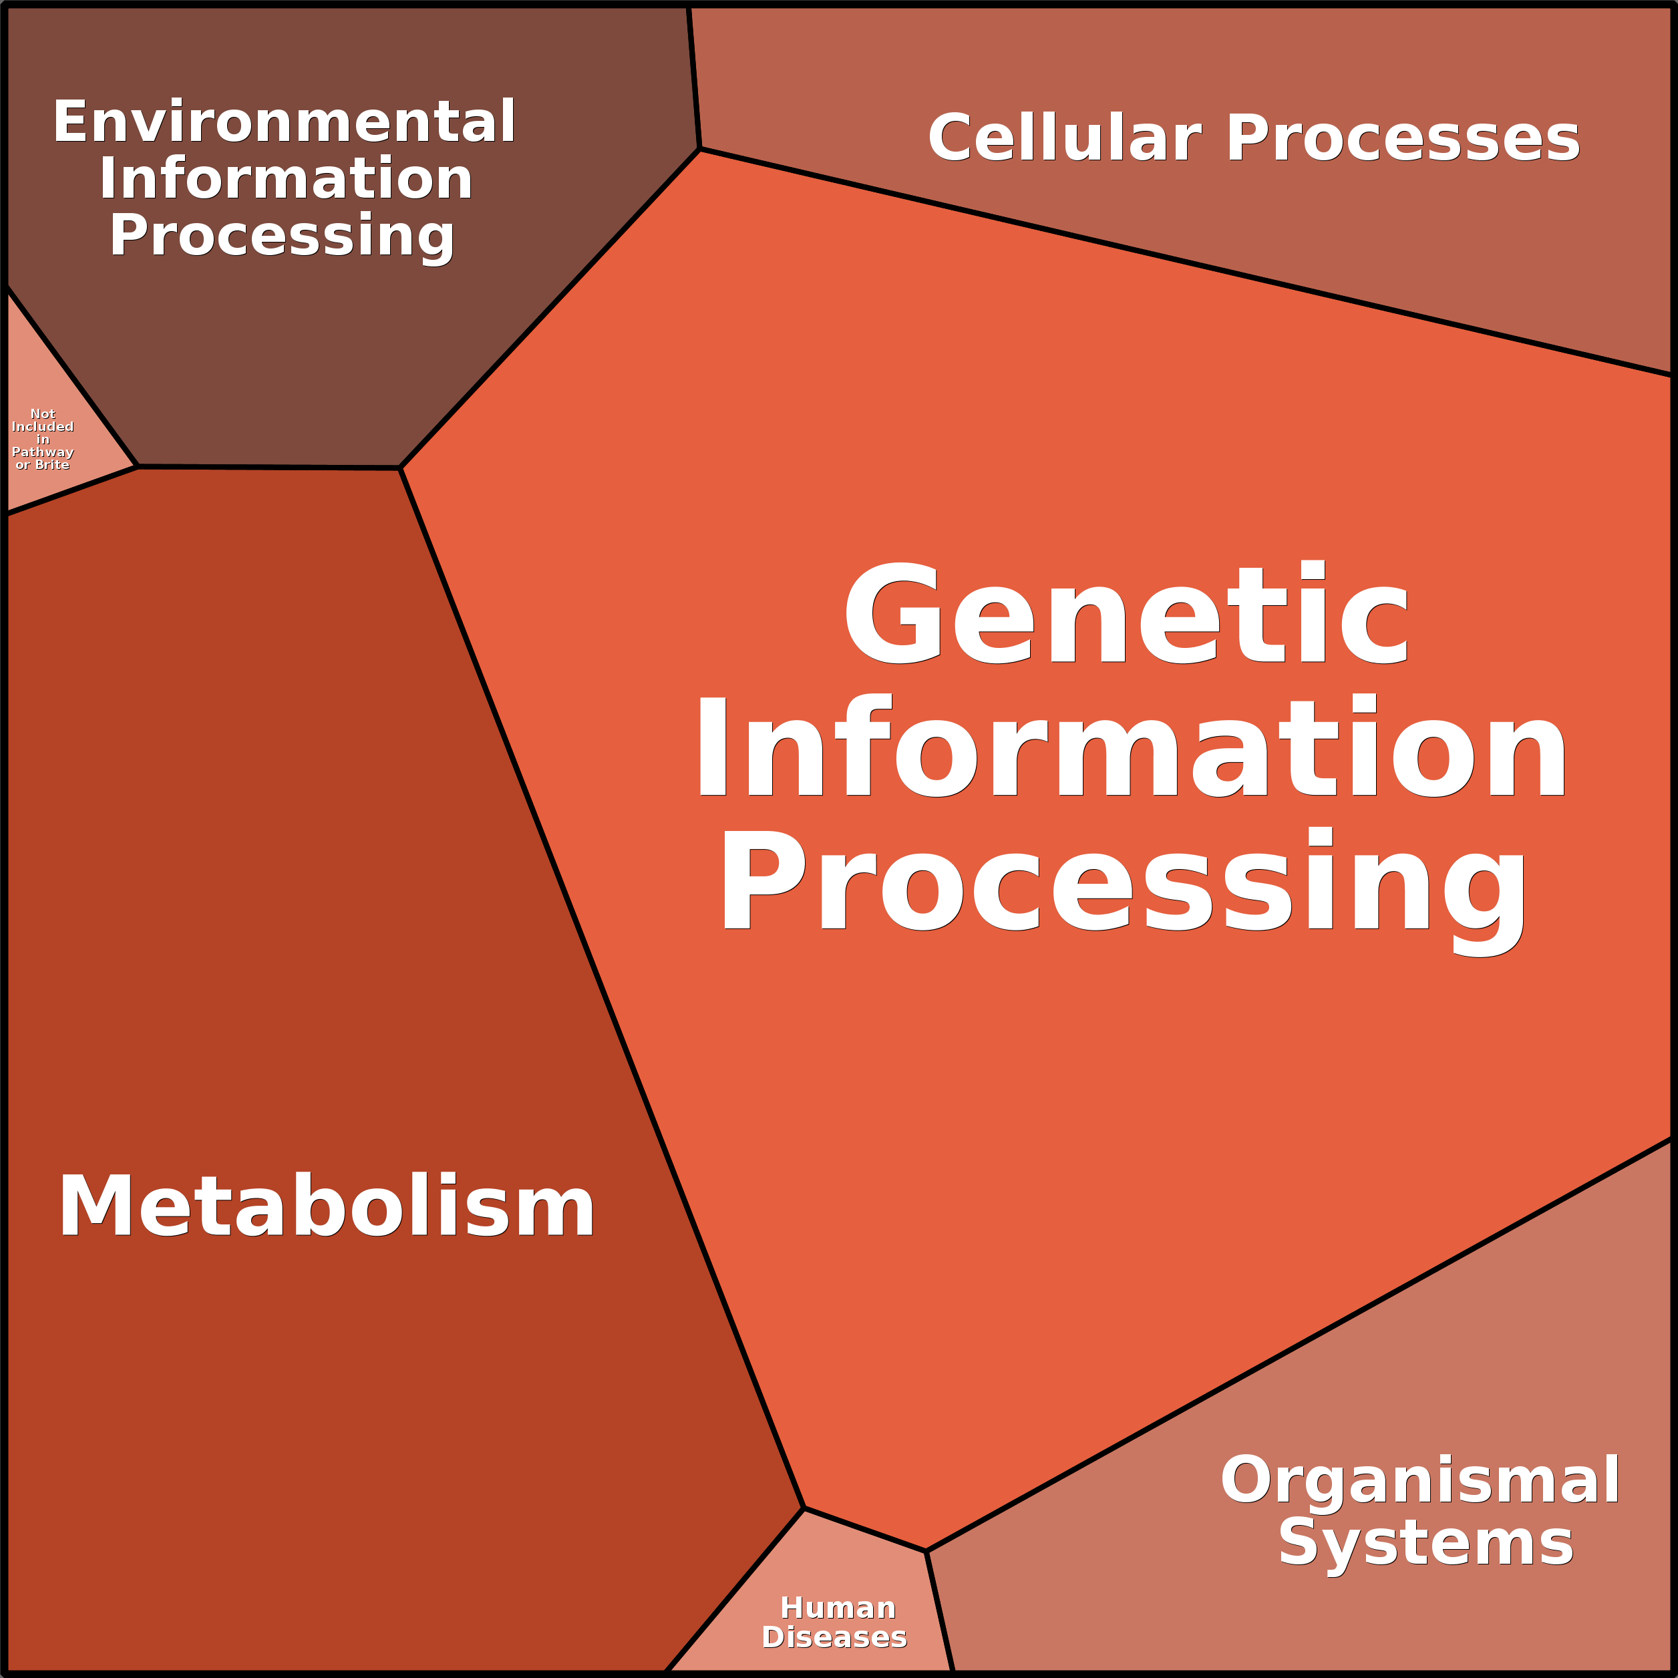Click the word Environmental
(x=284, y=122)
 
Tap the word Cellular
(x=1064, y=139)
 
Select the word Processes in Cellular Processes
(x=1402, y=139)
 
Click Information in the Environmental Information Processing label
(x=286, y=179)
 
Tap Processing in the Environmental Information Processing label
(x=281, y=236)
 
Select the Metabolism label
(x=327, y=1207)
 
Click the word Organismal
(x=1420, y=1480)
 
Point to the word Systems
(x=1425, y=1543)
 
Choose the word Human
(x=837, y=1608)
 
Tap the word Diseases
(x=834, y=1637)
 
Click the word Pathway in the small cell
(x=43, y=452)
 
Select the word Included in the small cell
(x=43, y=426)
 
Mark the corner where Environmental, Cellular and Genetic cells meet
(x=700, y=150)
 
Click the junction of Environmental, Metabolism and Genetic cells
(x=400, y=468)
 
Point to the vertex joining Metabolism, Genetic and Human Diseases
(x=804, y=1508)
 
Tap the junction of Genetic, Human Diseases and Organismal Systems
(x=926, y=1550)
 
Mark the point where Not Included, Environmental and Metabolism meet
(x=137, y=466)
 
